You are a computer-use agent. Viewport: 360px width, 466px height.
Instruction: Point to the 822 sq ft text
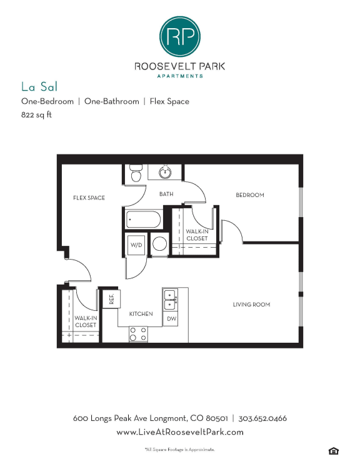[36, 115]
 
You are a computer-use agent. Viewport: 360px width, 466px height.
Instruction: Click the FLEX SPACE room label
[89, 198]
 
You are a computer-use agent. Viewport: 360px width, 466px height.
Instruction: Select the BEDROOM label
[250, 195]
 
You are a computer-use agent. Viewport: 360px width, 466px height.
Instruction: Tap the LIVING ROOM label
[251, 305]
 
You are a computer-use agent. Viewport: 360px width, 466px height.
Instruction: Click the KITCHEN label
[141, 314]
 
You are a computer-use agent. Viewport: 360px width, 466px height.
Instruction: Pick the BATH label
[166, 194]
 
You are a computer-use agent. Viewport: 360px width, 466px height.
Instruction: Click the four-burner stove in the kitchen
[138, 334]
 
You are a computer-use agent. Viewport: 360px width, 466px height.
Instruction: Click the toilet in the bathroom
[136, 173]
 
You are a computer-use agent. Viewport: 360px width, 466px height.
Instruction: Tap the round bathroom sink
[165, 171]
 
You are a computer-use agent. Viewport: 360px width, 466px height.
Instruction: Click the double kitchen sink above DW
[171, 300]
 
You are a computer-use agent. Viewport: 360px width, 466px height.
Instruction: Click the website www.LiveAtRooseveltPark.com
[180, 432]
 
